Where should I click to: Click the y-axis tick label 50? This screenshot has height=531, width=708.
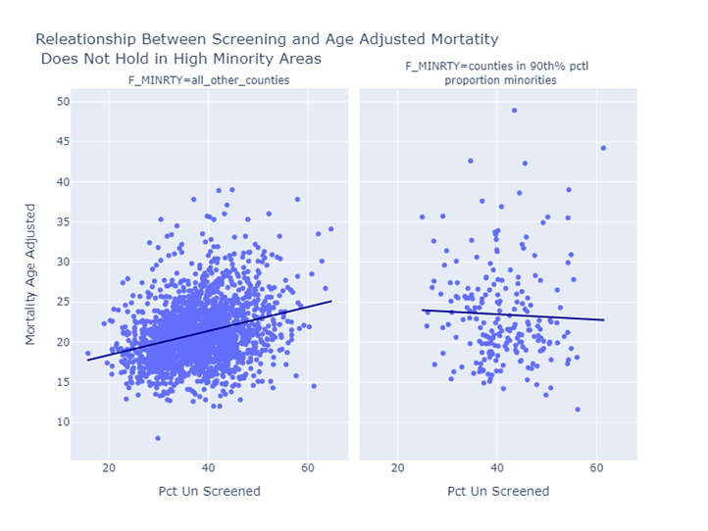coord(62,102)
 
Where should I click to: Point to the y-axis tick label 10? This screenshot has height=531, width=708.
coord(62,422)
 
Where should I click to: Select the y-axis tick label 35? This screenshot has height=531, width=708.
coord(62,221)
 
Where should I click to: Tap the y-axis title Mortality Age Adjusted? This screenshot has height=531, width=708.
coord(30,274)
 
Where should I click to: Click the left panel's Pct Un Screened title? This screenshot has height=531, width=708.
coord(209,491)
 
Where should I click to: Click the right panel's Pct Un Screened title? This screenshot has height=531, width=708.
coord(498,491)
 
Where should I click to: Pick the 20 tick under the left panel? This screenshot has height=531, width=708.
coord(109,466)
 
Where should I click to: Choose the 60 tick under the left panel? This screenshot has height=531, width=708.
coord(308,466)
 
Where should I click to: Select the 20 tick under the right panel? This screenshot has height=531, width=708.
coord(398,466)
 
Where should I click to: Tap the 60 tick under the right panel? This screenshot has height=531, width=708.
coord(596,466)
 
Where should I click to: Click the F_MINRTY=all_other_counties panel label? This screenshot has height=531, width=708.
coord(209,80)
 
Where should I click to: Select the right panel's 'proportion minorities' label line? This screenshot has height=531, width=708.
coord(500,80)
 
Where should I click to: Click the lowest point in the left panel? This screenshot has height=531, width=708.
coord(157,438)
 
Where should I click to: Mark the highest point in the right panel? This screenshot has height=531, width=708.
coord(514,111)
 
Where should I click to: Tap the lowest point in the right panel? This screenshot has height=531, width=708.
coord(578,410)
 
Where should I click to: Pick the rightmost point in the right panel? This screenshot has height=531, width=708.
coord(603,148)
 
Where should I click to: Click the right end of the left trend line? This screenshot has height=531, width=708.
coord(331,301)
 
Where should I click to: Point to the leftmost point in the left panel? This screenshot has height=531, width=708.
coord(87,354)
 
